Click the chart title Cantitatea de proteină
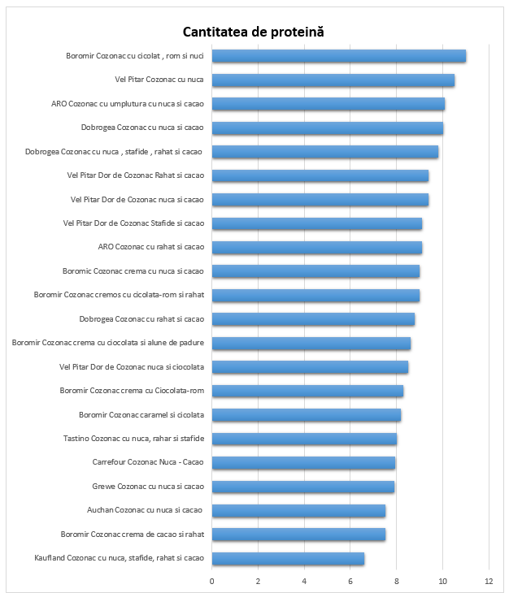point(253,31)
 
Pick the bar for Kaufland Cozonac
point(288,558)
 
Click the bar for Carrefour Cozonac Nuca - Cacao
point(303,463)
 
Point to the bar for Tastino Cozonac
point(304,439)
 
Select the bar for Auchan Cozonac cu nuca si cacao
point(298,510)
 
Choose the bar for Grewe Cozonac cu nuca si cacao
point(303,487)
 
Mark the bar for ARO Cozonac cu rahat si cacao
point(317,247)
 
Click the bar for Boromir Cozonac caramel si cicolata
point(307,415)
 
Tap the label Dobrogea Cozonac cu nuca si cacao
point(142,128)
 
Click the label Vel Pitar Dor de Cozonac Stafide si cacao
point(133,223)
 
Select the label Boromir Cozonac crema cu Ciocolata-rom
point(132,391)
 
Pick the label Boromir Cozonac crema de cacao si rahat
point(133,535)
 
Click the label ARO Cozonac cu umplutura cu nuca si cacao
point(128,104)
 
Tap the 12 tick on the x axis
point(489,581)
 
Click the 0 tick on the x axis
point(212,581)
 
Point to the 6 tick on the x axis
point(350,581)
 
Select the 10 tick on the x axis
point(442,581)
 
